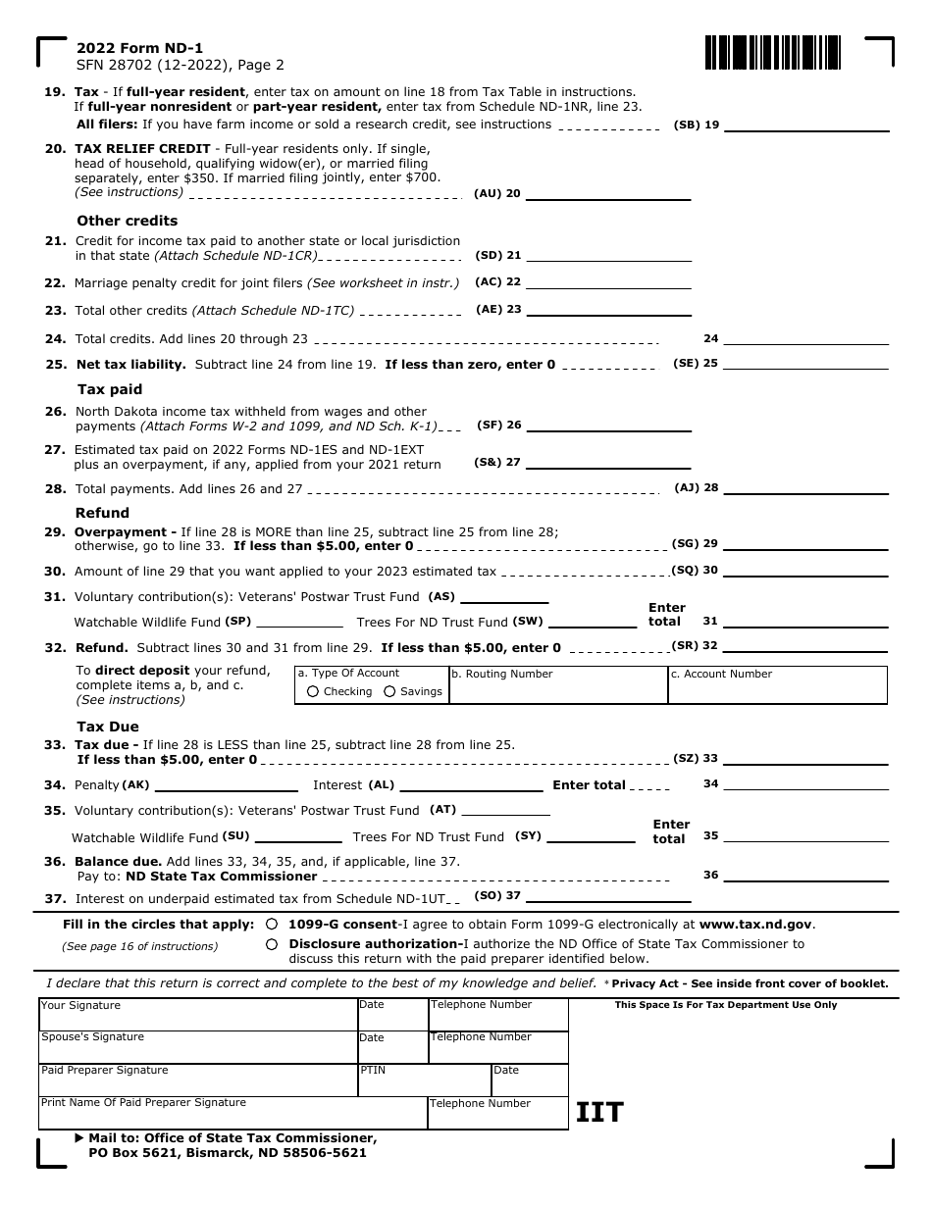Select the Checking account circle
click(x=313, y=691)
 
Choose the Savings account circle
click(x=389, y=691)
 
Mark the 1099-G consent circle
click(x=271, y=924)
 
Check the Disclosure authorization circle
click(x=271, y=944)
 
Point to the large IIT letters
click(x=599, y=1112)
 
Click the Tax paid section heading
click(x=109, y=389)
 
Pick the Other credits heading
click(x=128, y=221)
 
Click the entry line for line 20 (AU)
click(x=608, y=194)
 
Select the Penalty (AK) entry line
click(x=226, y=785)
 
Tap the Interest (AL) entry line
click(x=471, y=785)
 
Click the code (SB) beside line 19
click(x=687, y=126)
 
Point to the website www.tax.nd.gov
click(x=754, y=924)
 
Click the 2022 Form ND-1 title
click(x=140, y=48)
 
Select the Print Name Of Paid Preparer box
click(x=233, y=1113)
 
